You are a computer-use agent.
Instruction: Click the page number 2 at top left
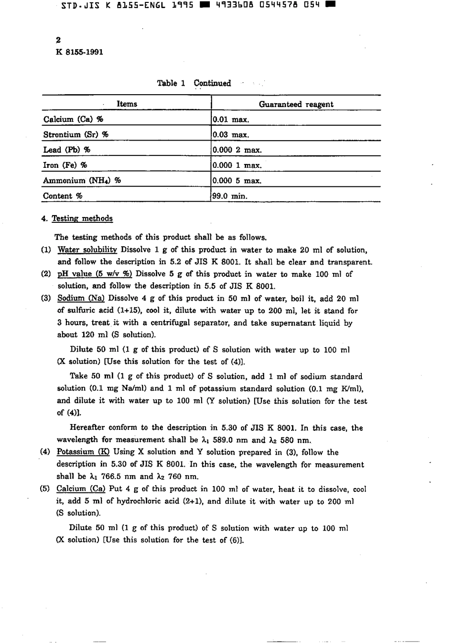pos(58,40)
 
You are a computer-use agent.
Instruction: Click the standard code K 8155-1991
pos(79,52)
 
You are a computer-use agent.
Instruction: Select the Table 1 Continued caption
pos(194,83)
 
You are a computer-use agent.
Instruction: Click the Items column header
pos(127,104)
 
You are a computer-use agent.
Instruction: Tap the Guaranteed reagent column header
pos(296,104)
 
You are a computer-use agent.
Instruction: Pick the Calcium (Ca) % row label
pos(73,119)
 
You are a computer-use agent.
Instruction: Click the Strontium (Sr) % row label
pos(76,134)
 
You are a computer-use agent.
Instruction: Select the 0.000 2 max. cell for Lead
pos(237,150)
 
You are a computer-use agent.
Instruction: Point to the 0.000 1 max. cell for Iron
pos(237,165)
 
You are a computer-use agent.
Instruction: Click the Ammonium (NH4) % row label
pos(82,180)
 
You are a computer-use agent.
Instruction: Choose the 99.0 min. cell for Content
pos(230,196)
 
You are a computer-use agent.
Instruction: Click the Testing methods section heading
pos(82,218)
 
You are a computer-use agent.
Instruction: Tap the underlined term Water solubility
pos(87,250)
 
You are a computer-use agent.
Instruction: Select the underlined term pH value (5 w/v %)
pos(95,274)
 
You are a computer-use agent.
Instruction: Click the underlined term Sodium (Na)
pos(81,298)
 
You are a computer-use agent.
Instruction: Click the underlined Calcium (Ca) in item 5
pos(81,489)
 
